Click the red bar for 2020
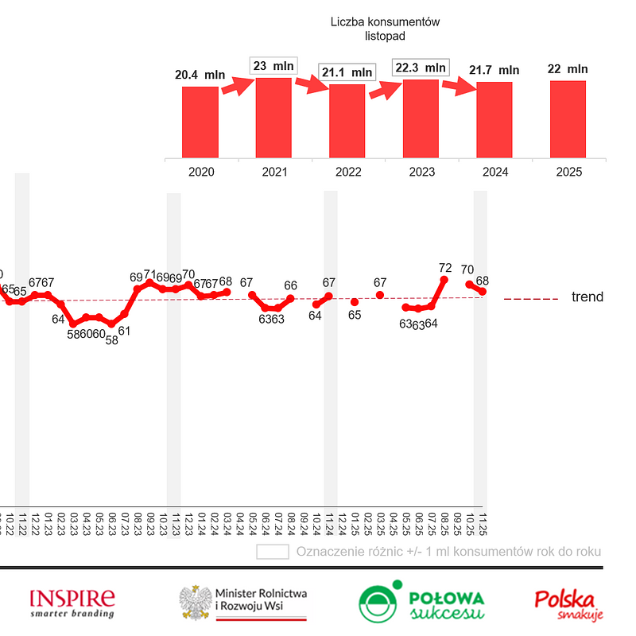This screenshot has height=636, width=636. (200, 122)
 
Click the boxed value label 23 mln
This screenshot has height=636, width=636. (273, 66)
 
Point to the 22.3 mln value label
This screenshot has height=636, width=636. (420, 68)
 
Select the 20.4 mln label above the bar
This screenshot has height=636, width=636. (200, 75)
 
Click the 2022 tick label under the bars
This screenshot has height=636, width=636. (347, 172)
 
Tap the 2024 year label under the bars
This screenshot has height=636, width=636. (494, 172)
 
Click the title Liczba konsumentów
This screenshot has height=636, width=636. (385, 22)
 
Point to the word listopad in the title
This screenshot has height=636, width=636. (385, 36)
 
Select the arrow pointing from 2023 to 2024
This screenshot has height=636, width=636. (457, 86)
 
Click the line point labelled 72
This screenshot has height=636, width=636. (444, 280)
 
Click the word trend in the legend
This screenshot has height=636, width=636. (588, 297)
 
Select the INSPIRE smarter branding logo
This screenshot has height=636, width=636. (72, 603)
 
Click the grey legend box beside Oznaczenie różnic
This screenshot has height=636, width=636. (272, 552)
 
